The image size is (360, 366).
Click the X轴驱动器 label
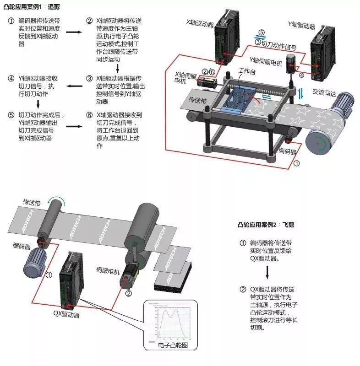tap(200, 22)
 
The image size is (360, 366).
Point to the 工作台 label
tap(246, 71)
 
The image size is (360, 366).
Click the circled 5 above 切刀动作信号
tap(261, 32)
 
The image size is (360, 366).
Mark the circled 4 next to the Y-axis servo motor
tap(301, 75)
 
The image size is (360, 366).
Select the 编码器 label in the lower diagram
tap(22, 247)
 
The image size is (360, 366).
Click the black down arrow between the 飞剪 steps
tap(267, 272)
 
